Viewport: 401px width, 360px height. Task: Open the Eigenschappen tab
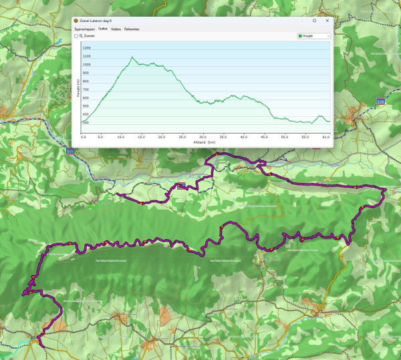[x=84, y=29]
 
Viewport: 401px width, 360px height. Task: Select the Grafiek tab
[x=103, y=29]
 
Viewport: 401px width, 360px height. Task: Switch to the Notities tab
[x=116, y=29]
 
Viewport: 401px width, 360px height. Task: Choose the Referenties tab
[x=132, y=29]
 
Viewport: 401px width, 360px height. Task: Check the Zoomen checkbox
[x=76, y=36]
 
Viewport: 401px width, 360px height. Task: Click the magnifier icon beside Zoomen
[x=81, y=36]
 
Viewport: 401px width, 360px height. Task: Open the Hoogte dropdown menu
[x=313, y=36]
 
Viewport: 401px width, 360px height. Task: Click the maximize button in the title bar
[x=314, y=21]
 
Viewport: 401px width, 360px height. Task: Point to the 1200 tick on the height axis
[x=86, y=48]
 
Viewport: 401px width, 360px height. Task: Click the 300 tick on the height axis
[x=86, y=123]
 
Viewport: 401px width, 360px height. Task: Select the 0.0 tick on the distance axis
[x=84, y=136]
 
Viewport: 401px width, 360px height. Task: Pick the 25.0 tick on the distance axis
[x=182, y=136]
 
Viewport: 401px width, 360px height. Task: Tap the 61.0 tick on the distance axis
[x=326, y=136]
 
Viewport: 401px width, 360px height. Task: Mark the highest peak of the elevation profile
[x=132, y=57]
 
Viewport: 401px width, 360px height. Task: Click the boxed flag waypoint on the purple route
[x=181, y=186]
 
